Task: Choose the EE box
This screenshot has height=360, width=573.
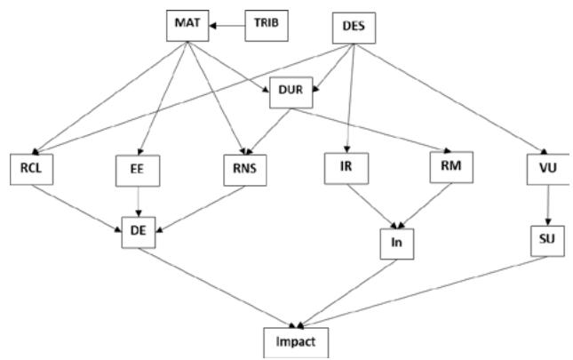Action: pos(137,171)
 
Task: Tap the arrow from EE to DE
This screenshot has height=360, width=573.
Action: pos(137,202)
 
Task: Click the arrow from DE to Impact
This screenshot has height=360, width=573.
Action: pos(213,286)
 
